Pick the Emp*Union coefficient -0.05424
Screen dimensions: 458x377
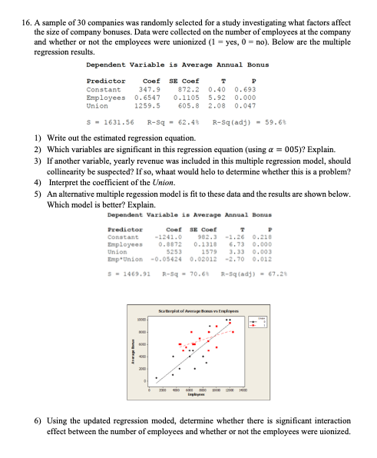(x=154, y=246)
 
